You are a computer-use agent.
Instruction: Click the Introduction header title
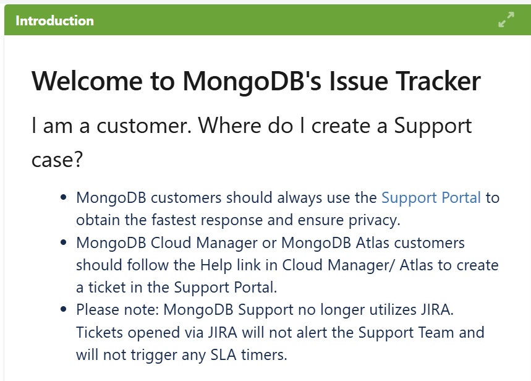pos(54,20)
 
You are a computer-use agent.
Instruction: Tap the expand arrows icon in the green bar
pos(506,20)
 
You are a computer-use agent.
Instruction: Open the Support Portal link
pos(431,198)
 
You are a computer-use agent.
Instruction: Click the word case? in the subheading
pos(57,160)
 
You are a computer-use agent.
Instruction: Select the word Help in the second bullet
pos(216,265)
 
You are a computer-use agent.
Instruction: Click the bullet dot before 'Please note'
pos(63,309)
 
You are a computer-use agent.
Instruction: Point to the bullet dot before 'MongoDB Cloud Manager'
pos(63,243)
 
